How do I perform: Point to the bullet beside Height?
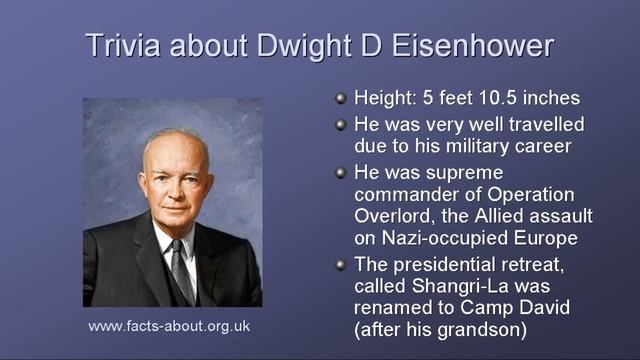coord(340,99)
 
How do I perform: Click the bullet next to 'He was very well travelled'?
coord(340,125)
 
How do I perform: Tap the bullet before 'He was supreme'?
coord(340,172)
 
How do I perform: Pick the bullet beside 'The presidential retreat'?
coord(340,264)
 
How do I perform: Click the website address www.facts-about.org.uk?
coord(169,327)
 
